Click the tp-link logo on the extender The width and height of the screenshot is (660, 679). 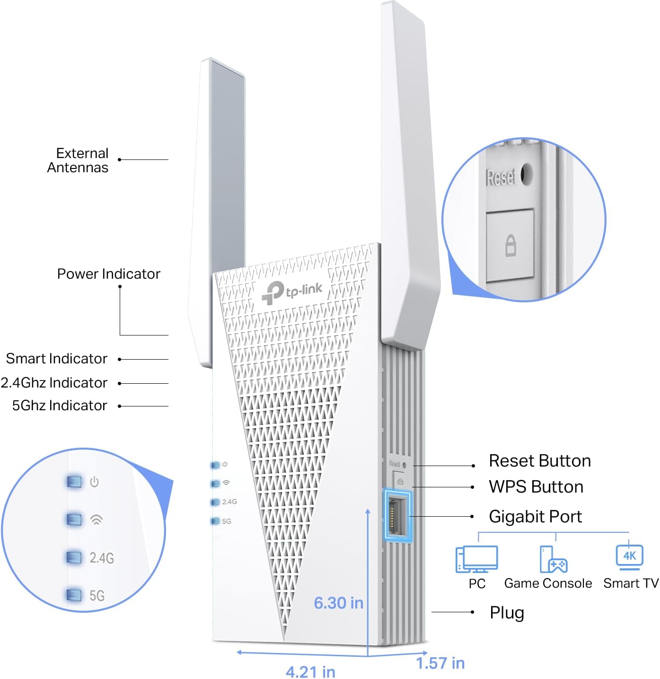(292, 291)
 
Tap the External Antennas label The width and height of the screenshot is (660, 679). (78, 160)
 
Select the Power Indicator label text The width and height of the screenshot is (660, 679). (108, 274)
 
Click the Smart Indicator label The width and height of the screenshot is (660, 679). (57, 359)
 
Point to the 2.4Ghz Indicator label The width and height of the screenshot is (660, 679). (54, 383)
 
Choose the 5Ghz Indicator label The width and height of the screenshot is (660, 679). (60, 406)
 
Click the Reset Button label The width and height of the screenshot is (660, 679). (539, 461)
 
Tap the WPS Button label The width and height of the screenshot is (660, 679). (536, 487)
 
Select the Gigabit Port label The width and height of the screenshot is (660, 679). (535, 517)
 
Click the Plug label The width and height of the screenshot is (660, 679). (507, 613)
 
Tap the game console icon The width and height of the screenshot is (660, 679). (553, 559)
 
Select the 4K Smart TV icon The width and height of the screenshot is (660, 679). (629, 556)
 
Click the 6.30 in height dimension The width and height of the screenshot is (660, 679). (338, 603)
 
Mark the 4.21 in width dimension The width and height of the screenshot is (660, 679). (310, 671)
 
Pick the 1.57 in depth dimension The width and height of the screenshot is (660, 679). (440, 663)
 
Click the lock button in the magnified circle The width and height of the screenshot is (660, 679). (510, 245)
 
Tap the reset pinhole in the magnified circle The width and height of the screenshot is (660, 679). (526, 174)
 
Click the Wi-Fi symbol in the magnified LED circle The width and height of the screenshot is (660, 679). (96, 520)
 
